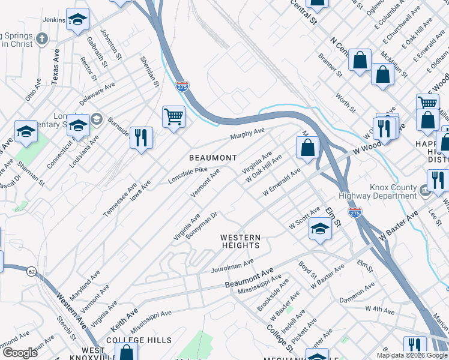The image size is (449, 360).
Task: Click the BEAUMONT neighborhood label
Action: (213, 158)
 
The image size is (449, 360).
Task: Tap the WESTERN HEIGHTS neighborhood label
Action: (241, 241)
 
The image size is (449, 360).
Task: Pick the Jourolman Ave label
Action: (232, 266)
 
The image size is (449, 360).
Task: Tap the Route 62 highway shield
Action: (31, 272)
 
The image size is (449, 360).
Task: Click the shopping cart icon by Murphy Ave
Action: (173, 115)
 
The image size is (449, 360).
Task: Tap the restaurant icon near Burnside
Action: (141, 137)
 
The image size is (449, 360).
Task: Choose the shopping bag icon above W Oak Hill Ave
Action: (307, 147)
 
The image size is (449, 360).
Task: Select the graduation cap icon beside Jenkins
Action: (77, 20)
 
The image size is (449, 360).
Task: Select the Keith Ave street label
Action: (124, 320)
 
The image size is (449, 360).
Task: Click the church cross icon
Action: (41, 39)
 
